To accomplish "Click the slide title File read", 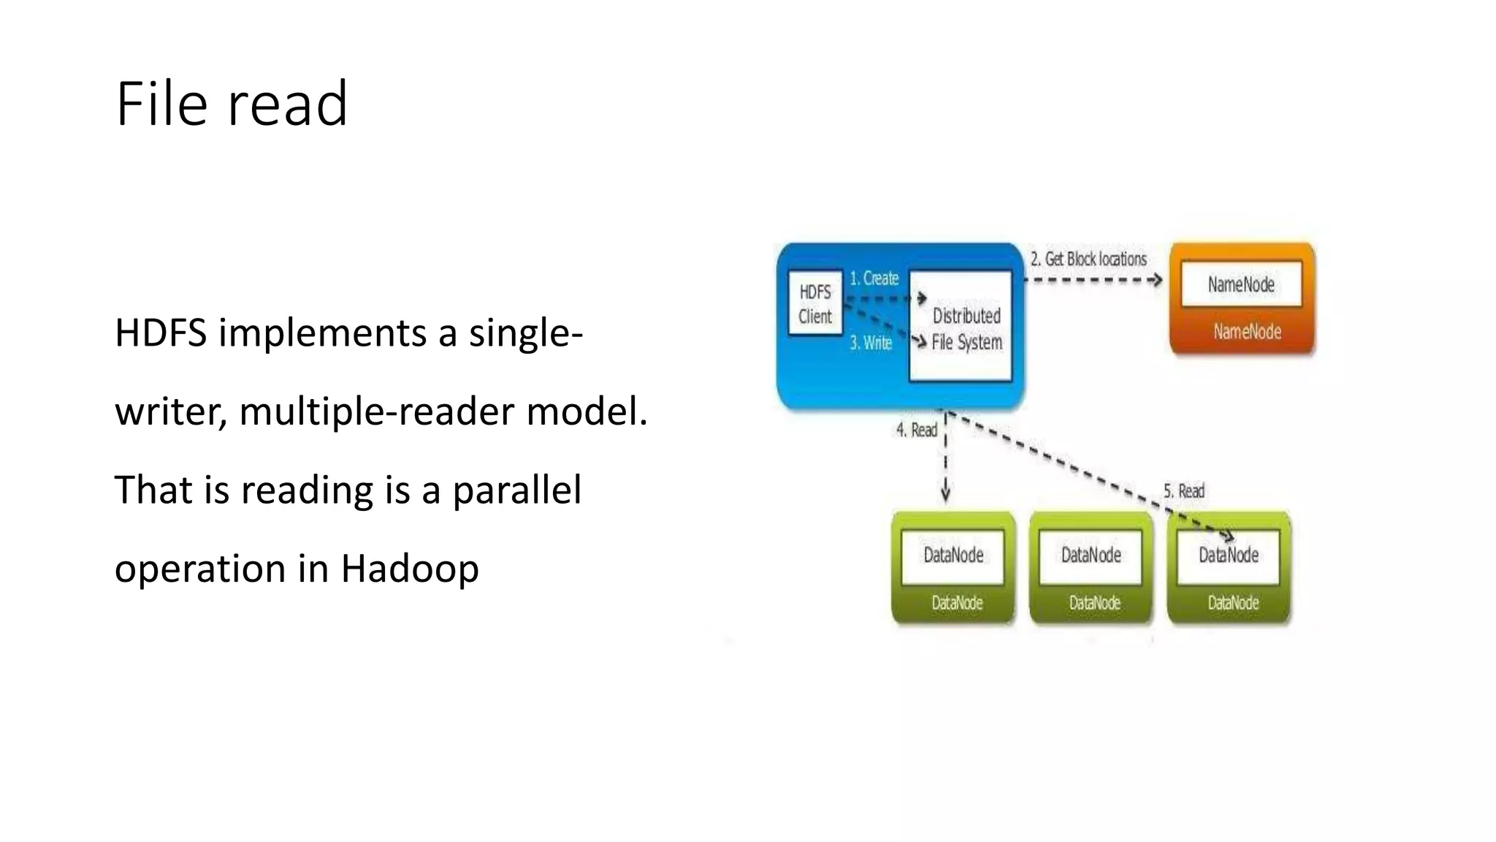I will point(232,105).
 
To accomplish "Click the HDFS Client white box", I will point(815,304).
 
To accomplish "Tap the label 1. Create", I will point(874,278).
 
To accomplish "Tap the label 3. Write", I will point(871,343).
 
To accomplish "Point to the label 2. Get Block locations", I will point(1088,259).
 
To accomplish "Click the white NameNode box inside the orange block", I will point(1241,284).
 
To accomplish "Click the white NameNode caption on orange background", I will point(1247,332).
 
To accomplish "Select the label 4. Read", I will point(916,431).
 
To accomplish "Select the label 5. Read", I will point(1183,491).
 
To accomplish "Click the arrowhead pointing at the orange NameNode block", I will point(1156,280).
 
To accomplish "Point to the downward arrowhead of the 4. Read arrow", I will point(945,495).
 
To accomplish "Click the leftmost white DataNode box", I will point(953,555).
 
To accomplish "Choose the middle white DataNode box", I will point(1091,555).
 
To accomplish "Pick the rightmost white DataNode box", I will point(1229,555).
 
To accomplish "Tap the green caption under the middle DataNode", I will point(1094,603).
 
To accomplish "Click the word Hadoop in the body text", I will point(409,569).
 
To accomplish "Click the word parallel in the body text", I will point(516,490).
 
